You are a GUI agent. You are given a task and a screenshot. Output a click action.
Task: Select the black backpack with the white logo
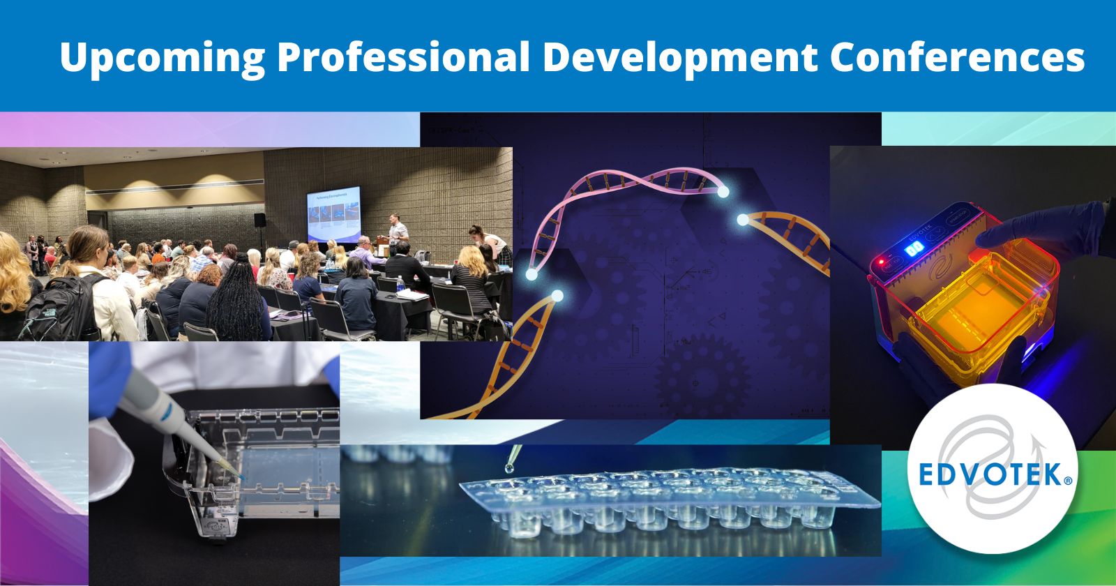tap(66, 307)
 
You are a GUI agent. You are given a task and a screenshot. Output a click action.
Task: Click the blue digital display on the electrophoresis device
tap(913, 250)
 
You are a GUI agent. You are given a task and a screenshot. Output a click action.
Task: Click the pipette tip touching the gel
tap(238, 474)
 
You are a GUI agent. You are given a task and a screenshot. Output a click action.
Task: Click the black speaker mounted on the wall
tap(259, 220)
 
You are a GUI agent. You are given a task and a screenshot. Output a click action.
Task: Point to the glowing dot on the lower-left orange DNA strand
tap(557, 297)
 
